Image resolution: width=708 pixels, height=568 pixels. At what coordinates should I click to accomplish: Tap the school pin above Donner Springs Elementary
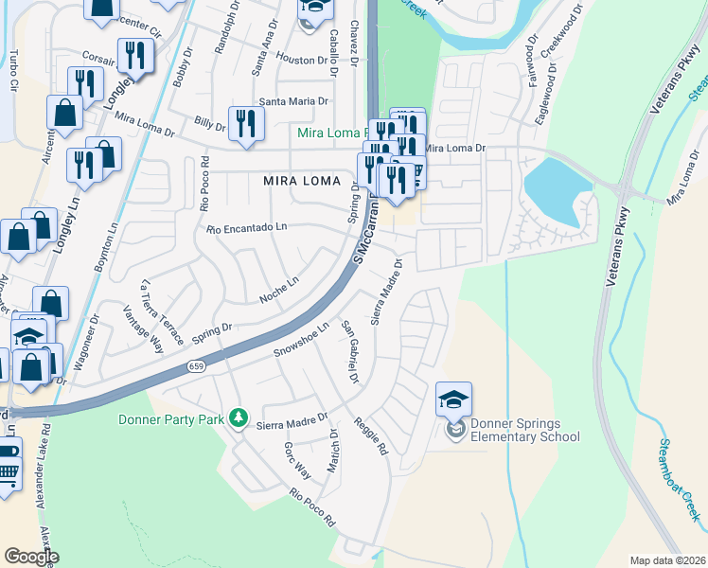pyautogui.click(x=453, y=400)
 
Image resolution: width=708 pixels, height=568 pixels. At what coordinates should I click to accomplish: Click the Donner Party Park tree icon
pyautogui.click(x=240, y=417)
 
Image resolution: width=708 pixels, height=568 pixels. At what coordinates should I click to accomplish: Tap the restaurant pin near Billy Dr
pyautogui.click(x=245, y=124)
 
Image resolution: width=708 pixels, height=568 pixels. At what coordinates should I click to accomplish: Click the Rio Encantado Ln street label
pyautogui.click(x=246, y=228)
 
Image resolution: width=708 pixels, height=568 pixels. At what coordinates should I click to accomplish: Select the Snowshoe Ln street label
pyautogui.click(x=300, y=341)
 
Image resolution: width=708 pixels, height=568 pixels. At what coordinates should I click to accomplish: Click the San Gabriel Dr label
pyautogui.click(x=351, y=352)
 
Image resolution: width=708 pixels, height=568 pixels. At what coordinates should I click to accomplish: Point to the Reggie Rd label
pyautogui.click(x=371, y=437)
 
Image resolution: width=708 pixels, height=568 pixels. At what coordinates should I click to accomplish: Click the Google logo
pyautogui.click(x=31, y=557)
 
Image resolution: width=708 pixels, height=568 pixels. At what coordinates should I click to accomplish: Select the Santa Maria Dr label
pyautogui.click(x=293, y=101)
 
